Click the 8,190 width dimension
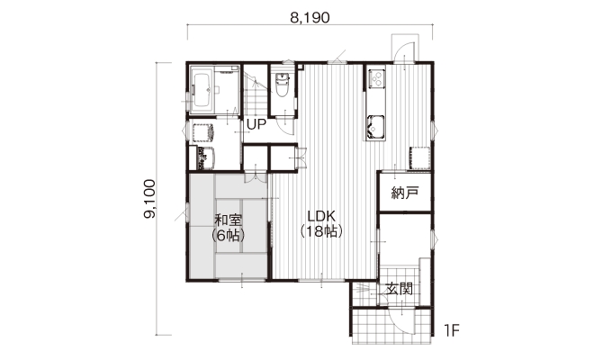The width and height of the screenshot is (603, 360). click(310, 18)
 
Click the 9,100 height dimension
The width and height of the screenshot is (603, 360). click(149, 199)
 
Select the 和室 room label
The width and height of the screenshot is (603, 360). click(228, 220)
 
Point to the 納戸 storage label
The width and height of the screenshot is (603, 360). click(405, 193)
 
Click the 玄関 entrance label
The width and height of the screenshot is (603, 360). click(400, 289)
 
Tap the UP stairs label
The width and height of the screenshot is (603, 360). click(256, 124)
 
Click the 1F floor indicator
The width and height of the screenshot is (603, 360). click(452, 330)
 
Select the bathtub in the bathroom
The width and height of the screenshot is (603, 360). click(202, 90)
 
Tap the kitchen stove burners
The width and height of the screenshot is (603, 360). click(376, 78)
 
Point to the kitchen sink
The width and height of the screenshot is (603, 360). click(375, 126)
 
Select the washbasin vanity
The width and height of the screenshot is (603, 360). click(202, 158)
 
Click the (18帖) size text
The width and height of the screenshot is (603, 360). click(321, 231)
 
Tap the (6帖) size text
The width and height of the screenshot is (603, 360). click(228, 235)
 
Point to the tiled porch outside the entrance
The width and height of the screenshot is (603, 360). click(391, 326)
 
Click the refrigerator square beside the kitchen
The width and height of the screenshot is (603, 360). click(419, 158)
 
